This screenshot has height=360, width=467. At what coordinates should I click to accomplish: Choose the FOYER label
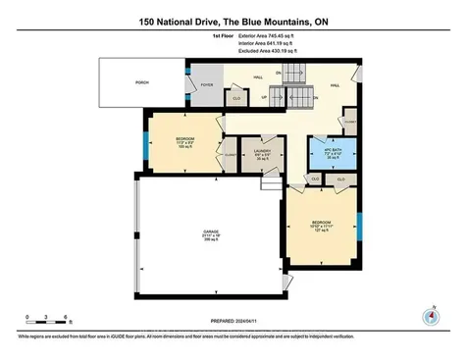click(x=207, y=85)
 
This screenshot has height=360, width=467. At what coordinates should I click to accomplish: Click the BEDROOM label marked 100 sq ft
click(x=184, y=142)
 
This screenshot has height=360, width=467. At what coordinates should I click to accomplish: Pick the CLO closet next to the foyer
click(x=236, y=97)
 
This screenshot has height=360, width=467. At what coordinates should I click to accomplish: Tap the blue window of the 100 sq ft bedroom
click(x=148, y=142)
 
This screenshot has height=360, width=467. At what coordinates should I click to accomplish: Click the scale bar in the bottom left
click(x=46, y=322)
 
